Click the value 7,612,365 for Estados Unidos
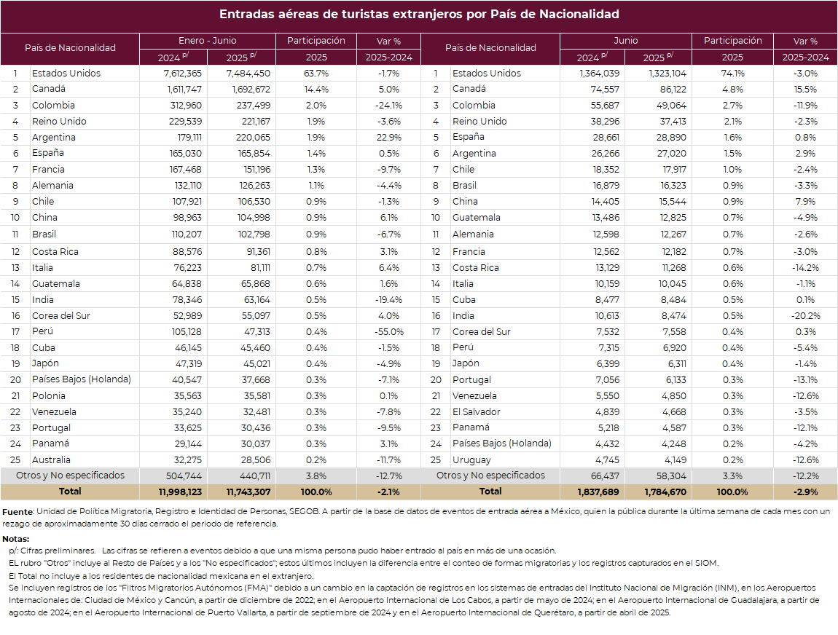(x=183, y=73)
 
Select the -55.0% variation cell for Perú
(x=389, y=331)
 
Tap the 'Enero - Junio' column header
(x=208, y=41)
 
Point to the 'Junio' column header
(x=626, y=41)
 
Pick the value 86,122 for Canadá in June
(x=673, y=89)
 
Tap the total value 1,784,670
(x=665, y=492)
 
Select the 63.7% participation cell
(x=316, y=73)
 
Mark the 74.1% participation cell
(x=732, y=73)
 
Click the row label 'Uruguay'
(x=471, y=460)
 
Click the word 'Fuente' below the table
(x=17, y=512)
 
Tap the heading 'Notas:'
(x=15, y=539)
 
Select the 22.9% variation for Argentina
(x=389, y=137)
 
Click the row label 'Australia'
(x=51, y=460)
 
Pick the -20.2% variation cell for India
(x=805, y=315)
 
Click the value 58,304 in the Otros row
(x=672, y=476)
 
